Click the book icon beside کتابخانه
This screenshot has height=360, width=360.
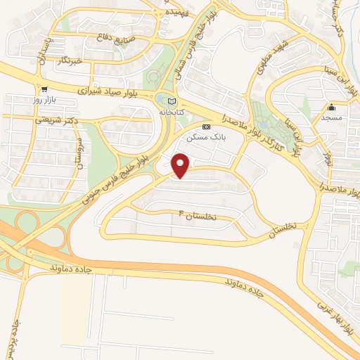pyautogui.click(x=173, y=102)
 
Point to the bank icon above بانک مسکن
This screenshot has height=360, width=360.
pyautogui.click(x=205, y=127)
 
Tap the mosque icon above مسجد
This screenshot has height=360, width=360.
pyautogui.click(x=332, y=107)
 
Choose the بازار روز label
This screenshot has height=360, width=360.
pyautogui.click(x=45, y=100)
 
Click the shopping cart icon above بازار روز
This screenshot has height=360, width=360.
pyautogui.click(x=44, y=90)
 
